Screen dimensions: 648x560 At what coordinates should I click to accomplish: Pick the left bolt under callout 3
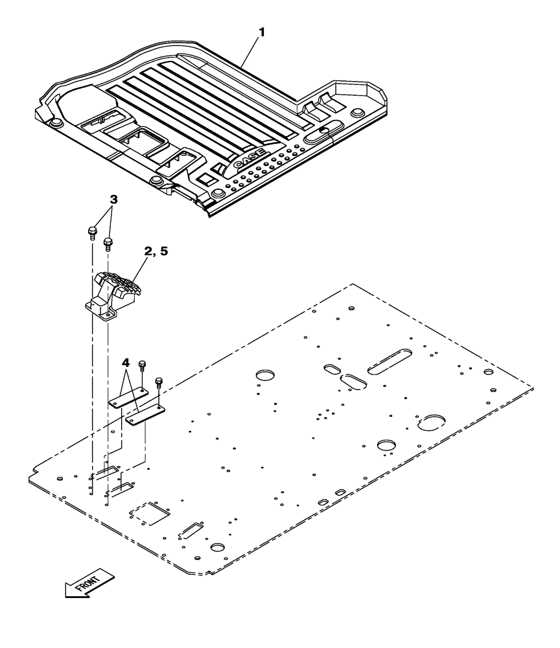point(91,231)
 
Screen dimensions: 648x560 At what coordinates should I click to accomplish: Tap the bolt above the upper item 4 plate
point(143,367)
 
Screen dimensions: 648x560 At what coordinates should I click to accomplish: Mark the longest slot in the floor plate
point(389,362)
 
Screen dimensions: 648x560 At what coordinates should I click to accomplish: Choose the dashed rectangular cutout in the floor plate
point(149,512)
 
